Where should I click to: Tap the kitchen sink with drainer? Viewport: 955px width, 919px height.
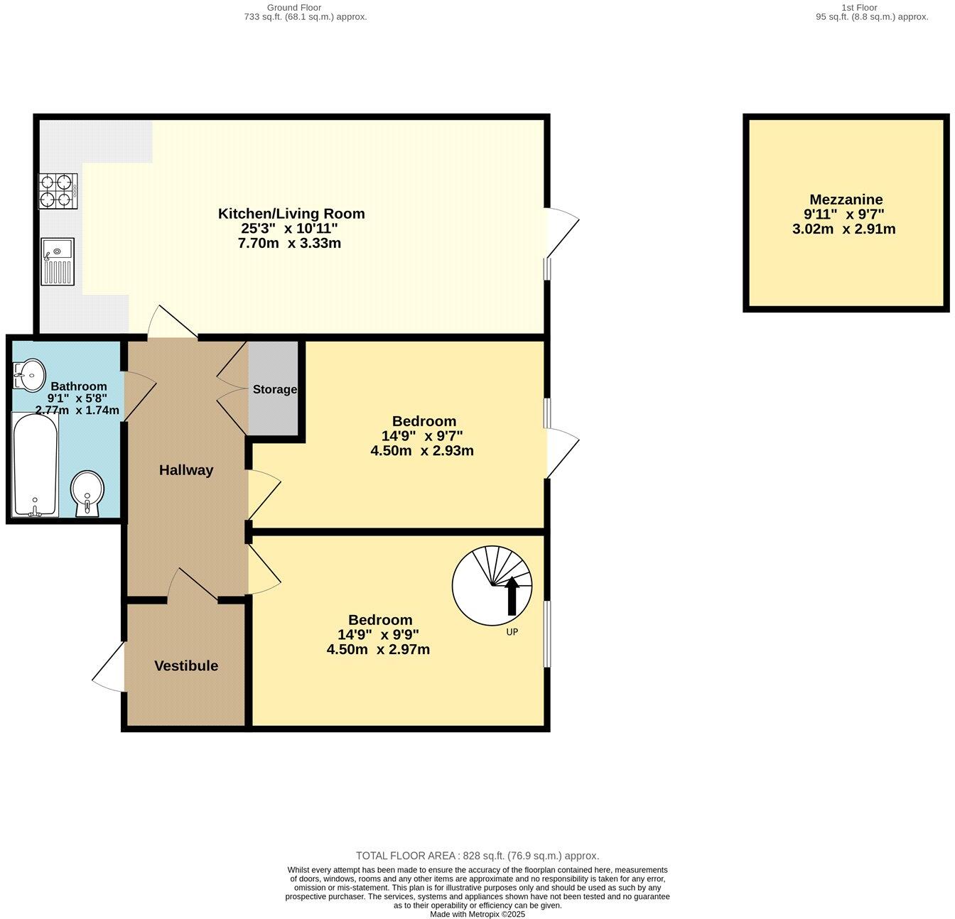pyautogui.click(x=58, y=261)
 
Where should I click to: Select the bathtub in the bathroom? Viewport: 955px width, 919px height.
pyautogui.click(x=34, y=464)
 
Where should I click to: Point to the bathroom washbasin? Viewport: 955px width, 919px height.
pyautogui.click(x=30, y=374)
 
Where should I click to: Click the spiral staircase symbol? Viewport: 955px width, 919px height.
pyautogui.click(x=492, y=585)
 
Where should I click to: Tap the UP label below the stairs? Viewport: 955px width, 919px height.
pyautogui.click(x=512, y=631)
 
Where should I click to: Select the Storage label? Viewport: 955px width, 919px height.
pyautogui.click(x=275, y=389)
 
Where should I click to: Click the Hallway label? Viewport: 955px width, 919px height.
pyautogui.click(x=186, y=469)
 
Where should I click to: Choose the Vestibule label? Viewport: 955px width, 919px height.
pyautogui.click(x=186, y=665)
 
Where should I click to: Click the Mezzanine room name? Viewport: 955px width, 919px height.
pyautogui.click(x=846, y=200)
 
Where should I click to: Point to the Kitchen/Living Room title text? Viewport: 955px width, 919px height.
pyautogui.click(x=291, y=213)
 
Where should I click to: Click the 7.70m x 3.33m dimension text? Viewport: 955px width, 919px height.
pyautogui.click(x=289, y=243)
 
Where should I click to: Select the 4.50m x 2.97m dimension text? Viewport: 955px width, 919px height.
pyautogui.click(x=378, y=649)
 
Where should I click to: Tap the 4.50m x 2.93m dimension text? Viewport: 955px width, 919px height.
pyautogui.click(x=422, y=450)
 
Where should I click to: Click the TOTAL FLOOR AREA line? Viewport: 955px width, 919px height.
pyautogui.click(x=477, y=856)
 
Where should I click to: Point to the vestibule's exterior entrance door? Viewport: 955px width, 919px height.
pyautogui.click(x=108, y=668)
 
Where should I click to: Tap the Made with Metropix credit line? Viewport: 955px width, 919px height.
pyautogui.click(x=477, y=914)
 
